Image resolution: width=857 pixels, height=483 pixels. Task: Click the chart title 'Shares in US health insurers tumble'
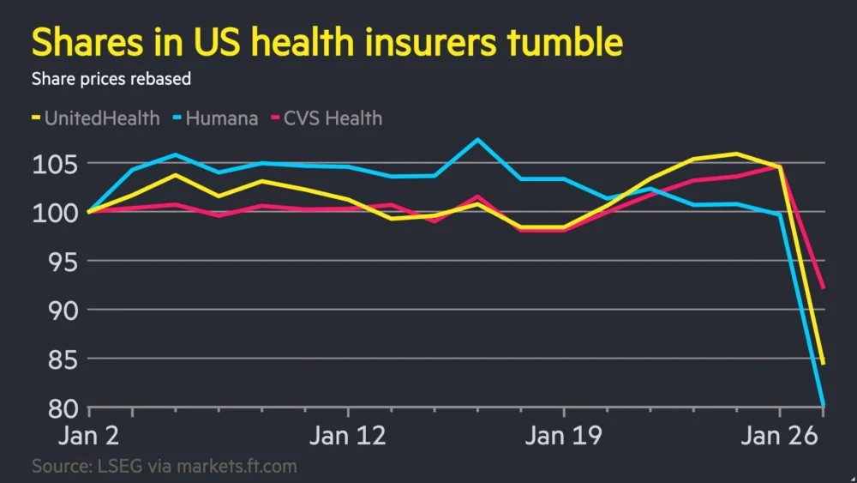point(327,42)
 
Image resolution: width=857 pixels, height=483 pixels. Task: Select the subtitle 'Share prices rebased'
point(111,79)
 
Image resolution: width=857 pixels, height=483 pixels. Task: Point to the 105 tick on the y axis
point(56,163)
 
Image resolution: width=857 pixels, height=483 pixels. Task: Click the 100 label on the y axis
point(56,212)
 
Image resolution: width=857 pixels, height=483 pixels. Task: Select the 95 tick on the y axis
point(60,261)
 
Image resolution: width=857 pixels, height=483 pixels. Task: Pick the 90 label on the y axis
point(60,310)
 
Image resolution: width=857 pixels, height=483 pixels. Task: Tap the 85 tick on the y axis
point(60,359)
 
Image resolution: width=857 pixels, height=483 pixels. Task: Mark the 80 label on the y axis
point(60,408)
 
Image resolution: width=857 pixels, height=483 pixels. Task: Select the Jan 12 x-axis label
point(347,436)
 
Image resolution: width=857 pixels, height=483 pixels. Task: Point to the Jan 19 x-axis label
point(563,436)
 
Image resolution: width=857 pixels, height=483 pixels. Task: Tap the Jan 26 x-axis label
point(779,436)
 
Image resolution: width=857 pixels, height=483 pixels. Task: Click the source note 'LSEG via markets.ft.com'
point(165,467)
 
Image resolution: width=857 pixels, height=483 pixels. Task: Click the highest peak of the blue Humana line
point(477,139)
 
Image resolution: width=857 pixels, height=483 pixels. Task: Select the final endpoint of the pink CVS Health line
point(824,288)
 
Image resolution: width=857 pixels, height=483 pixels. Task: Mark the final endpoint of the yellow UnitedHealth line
point(824,364)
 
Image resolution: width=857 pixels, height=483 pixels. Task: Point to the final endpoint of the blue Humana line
point(824,405)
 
